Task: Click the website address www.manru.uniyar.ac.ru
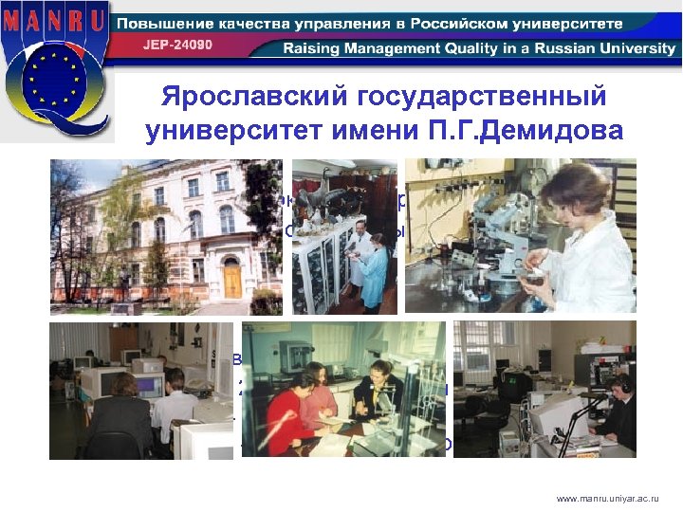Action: click(x=606, y=496)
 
